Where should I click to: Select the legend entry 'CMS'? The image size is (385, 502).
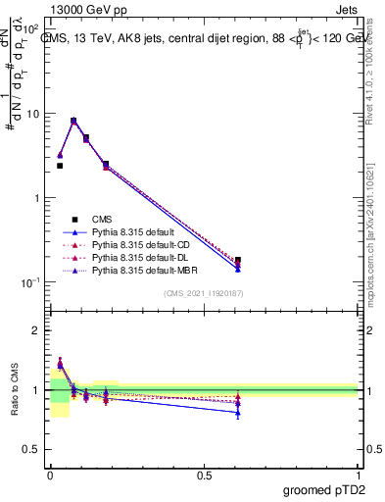[103, 219]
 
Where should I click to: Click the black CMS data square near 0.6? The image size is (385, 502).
[238, 261]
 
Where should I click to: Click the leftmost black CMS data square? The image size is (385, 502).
[60, 166]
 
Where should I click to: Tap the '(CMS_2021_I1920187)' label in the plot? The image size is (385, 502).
[204, 292]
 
